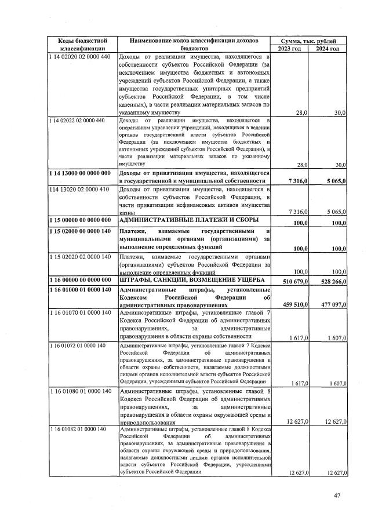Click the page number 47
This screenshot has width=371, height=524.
338,495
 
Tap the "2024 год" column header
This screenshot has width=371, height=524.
327,48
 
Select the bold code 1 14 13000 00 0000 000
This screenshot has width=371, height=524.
80,173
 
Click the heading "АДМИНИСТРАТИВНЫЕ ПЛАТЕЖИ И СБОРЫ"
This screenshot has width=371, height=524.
183,222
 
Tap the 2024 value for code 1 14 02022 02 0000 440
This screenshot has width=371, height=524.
336,165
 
